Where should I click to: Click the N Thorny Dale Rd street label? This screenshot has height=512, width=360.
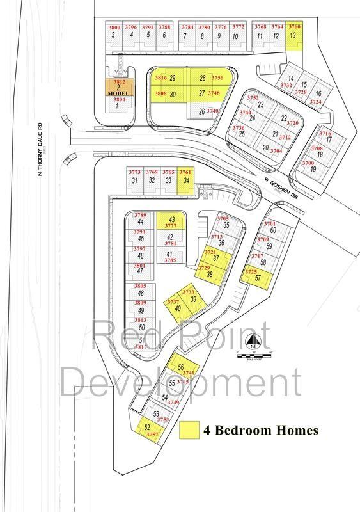pyautogui.click(x=39, y=148)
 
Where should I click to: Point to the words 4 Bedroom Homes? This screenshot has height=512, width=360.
pyautogui.click(x=260, y=431)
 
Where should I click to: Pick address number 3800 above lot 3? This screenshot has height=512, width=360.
pyautogui.click(x=114, y=28)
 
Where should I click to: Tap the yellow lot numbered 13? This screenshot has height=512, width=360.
pyautogui.click(x=293, y=36)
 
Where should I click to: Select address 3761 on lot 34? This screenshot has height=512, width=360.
pyautogui.click(x=185, y=172)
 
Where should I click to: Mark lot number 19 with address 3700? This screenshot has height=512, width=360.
pyautogui.click(x=313, y=170)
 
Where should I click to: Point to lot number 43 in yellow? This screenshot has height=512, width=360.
pyautogui.click(x=171, y=220)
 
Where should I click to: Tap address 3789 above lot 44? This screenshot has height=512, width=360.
pyautogui.click(x=140, y=215)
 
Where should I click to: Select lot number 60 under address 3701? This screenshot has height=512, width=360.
pyautogui.click(x=272, y=230)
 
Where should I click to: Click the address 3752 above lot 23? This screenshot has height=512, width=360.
pyautogui.click(x=253, y=98)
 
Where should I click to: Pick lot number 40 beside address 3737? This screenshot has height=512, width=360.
pyautogui.click(x=178, y=308)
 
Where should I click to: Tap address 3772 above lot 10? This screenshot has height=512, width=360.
pyautogui.click(x=238, y=28)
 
